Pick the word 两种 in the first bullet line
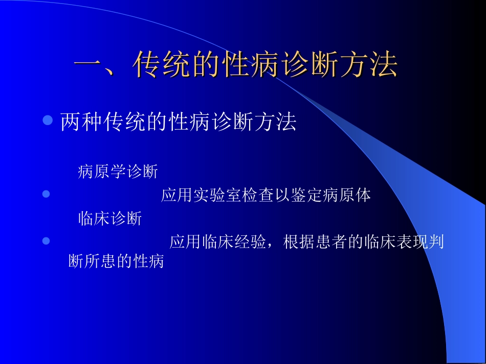[x=79, y=122]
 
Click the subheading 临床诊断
[x=110, y=219]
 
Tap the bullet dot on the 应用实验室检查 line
[x=46, y=194]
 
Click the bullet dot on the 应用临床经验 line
[x=46, y=240]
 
